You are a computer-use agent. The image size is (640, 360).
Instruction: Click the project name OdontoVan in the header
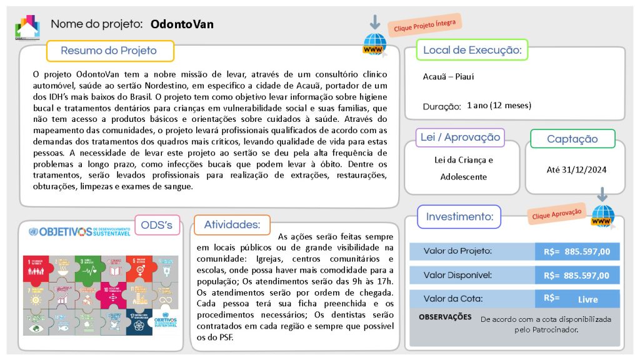click(x=182, y=24)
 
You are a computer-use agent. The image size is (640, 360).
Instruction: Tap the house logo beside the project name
click(x=27, y=27)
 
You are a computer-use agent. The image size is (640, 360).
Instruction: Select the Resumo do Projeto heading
click(x=109, y=51)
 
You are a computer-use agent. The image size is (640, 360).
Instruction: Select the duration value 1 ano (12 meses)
click(x=499, y=105)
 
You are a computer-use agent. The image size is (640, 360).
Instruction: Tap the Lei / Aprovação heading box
click(x=460, y=137)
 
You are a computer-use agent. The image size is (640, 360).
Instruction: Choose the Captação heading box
click(x=572, y=139)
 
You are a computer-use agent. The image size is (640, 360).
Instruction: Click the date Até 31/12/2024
click(x=576, y=169)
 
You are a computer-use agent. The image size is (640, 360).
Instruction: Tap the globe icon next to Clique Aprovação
click(x=603, y=216)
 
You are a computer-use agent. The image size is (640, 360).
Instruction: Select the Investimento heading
click(x=459, y=217)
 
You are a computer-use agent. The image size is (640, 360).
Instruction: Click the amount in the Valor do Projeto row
click(x=577, y=251)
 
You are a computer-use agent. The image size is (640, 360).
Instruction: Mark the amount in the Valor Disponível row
click(x=577, y=275)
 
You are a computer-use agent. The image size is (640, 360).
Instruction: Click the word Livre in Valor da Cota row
click(x=587, y=299)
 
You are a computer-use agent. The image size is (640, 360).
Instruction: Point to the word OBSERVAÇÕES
click(x=445, y=317)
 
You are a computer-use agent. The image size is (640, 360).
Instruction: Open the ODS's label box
click(x=157, y=225)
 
